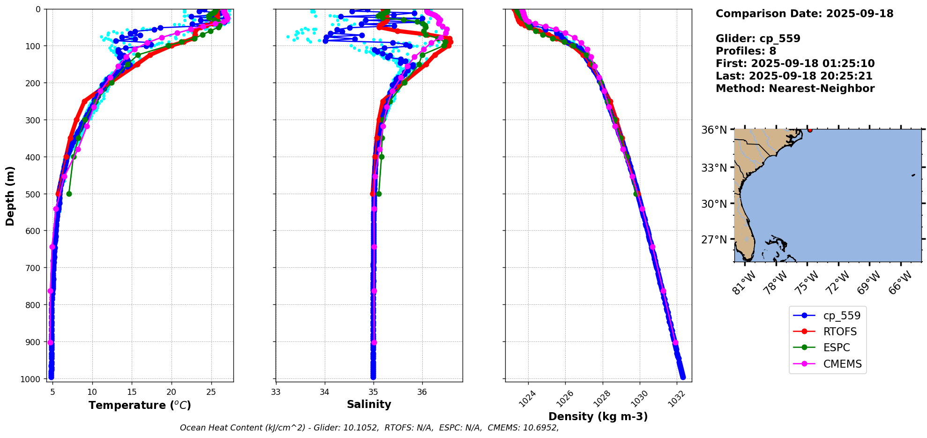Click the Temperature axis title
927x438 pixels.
(x=140, y=405)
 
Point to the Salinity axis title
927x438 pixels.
(x=369, y=404)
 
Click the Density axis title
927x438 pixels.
(x=598, y=416)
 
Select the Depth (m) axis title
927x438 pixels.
(x=10, y=196)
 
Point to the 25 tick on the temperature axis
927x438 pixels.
(x=211, y=392)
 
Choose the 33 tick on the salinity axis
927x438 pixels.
(x=276, y=392)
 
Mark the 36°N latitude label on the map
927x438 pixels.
(x=715, y=130)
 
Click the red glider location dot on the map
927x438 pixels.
(x=810, y=130)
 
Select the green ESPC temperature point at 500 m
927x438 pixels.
(x=69, y=194)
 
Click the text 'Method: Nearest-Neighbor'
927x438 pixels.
(x=795, y=89)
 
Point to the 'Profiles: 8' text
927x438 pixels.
(x=746, y=51)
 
